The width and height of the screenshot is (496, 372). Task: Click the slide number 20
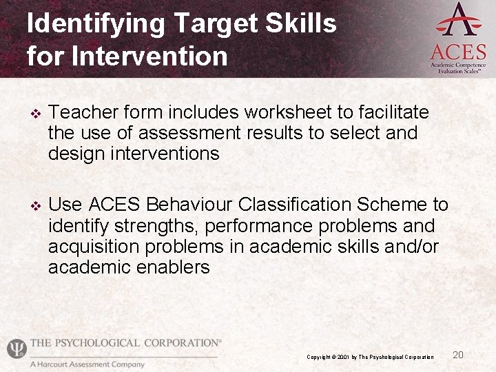pyautogui.click(x=458, y=355)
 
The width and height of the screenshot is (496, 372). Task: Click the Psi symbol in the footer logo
pyautogui.click(x=17, y=349)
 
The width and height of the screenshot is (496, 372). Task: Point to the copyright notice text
pyautogui.click(x=370, y=357)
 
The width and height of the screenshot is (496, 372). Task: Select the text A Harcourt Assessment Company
pyautogui.click(x=87, y=364)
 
